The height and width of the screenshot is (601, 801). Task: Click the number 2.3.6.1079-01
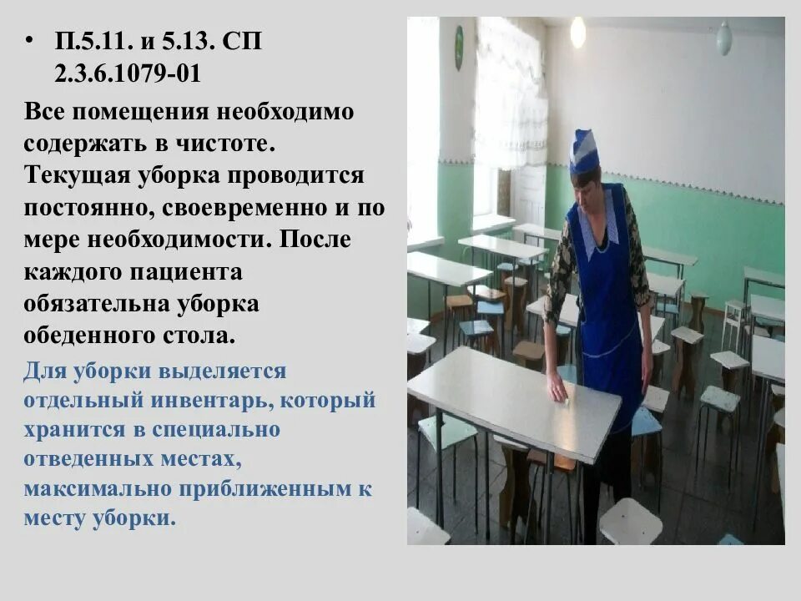click(x=128, y=73)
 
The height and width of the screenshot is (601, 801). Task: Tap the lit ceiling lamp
click(x=577, y=33)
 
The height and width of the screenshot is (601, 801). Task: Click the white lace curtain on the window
click(x=509, y=92)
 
